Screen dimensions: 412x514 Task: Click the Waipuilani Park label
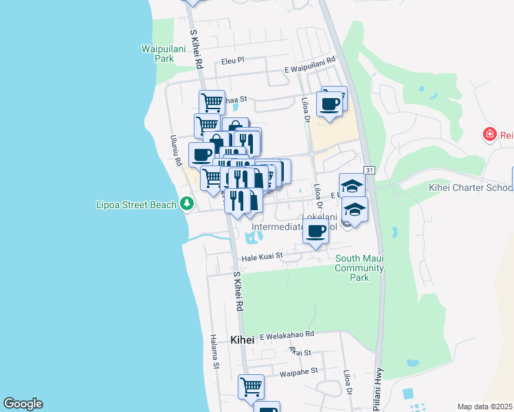coord(157,54)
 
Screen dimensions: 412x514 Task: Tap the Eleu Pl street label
coord(233,61)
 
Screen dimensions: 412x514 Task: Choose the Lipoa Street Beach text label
coord(136,205)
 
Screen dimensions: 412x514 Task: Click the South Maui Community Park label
coord(359,268)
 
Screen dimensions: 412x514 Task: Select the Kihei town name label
coord(242,340)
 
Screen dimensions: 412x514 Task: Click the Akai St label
coord(300,352)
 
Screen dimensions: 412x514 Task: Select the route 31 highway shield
coord(369,170)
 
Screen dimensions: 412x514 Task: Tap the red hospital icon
coord(489,134)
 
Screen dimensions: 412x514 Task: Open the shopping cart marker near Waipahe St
coord(252,387)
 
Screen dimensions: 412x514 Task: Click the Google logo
coord(23,404)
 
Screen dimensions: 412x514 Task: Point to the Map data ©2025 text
coord(484,407)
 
